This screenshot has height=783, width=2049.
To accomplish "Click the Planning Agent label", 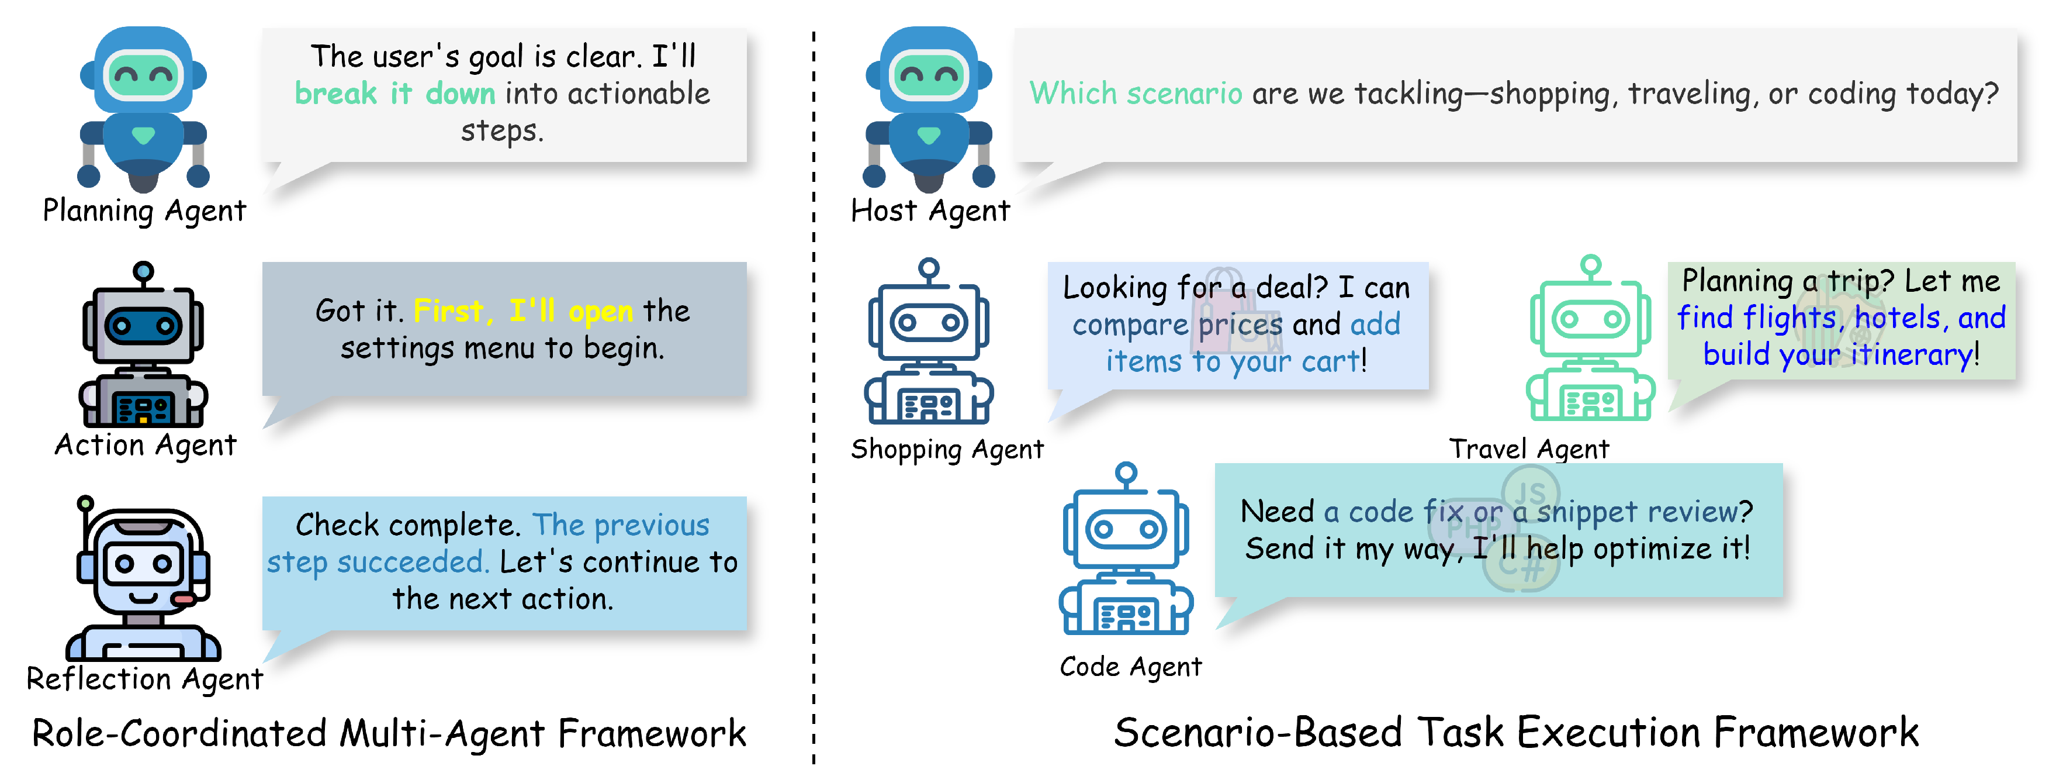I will click(x=144, y=211).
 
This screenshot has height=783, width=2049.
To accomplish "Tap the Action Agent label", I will click(x=146, y=445).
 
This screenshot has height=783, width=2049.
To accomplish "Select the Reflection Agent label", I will click(x=144, y=679).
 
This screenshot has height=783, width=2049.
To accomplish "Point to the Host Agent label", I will click(x=930, y=211).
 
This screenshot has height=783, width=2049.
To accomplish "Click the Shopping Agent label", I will click(x=947, y=450).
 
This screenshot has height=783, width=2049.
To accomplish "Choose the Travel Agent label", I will click(x=1528, y=449).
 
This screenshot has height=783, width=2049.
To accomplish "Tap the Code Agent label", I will click(x=1130, y=666).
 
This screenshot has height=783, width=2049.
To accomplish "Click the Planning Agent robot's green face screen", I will click(x=143, y=75).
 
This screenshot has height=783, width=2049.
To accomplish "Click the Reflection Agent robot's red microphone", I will click(x=184, y=598).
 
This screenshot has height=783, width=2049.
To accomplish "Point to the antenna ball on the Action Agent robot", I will click(x=143, y=271).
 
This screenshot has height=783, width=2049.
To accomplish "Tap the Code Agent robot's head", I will click(x=1126, y=529).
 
